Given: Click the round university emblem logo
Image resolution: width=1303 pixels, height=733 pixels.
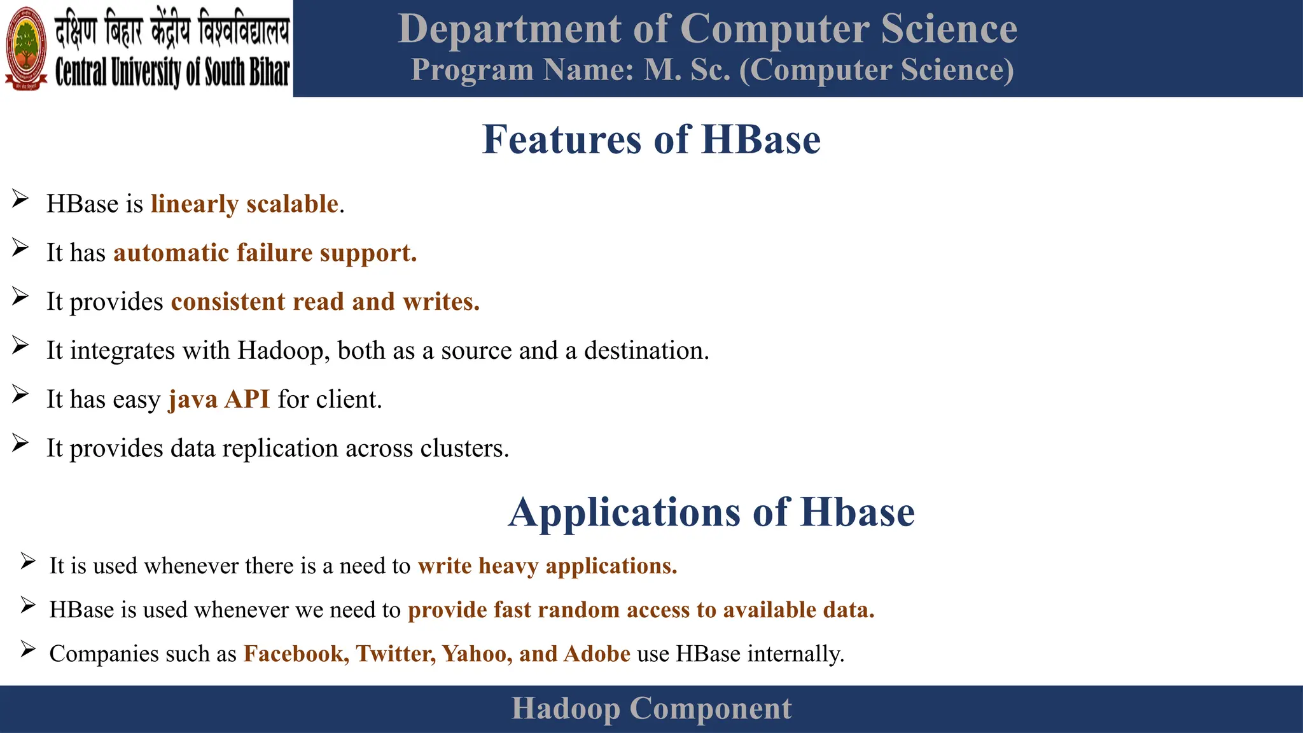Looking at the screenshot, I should click(26, 48).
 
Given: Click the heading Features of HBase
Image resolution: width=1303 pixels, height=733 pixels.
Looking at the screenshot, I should click(651, 139).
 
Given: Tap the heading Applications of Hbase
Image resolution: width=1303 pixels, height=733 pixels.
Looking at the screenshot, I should click(711, 512).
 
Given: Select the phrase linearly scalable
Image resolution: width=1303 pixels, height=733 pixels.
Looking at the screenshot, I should click(244, 204).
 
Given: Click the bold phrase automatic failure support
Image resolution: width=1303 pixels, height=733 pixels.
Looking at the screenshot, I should click(265, 253).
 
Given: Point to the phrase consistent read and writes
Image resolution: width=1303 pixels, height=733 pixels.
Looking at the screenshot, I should click(324, 302).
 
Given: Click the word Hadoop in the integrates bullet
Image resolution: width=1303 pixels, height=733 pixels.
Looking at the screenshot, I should click(280, 351).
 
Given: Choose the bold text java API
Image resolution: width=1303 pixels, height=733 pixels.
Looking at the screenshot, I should click(219, 400).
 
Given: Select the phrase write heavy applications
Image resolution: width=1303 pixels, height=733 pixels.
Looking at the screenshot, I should click(547, 566).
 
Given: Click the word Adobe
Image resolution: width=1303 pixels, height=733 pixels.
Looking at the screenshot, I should click(597, 654).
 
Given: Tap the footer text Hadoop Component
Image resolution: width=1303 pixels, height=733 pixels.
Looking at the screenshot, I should click(651, 709).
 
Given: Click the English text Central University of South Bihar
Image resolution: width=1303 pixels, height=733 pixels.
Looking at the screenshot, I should click(172, 72).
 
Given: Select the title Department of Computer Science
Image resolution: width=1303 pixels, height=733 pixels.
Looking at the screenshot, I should click(707, 29).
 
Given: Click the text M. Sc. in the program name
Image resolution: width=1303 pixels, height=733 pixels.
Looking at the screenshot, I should click(687, 70).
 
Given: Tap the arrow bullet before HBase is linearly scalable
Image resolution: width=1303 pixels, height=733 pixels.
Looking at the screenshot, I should click(20, 199).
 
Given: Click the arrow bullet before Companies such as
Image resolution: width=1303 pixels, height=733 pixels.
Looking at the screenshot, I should click(27, 649).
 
